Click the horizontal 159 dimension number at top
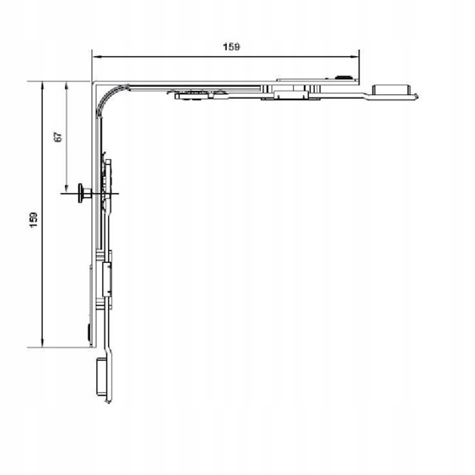pyautogui.click(x=231, y=47)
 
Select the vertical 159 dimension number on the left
pyautogui.click(x=33, y=220)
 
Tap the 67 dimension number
pyautogui.click(x=58, y=137)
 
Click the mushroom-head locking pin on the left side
pyautogui.click(x=84, y=193)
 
